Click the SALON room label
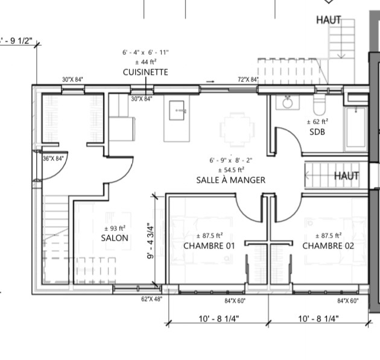(115, 238)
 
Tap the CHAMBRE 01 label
(209, 246)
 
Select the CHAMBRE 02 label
(328, 246)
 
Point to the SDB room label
(317, 132)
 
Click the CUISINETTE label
(145, 72)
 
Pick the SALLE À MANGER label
(230, 180)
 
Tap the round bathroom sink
(288, 103)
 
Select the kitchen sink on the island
(177, 110)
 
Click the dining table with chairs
(237, 130)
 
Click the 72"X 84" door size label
(248, 80)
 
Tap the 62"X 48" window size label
(152, 299)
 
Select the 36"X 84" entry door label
(53, 159)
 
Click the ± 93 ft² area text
(115, 228)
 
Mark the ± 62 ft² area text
(317, 122)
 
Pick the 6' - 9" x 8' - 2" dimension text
(230, 160)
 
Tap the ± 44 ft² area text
(145, 62)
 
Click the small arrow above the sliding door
(210, 81)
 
